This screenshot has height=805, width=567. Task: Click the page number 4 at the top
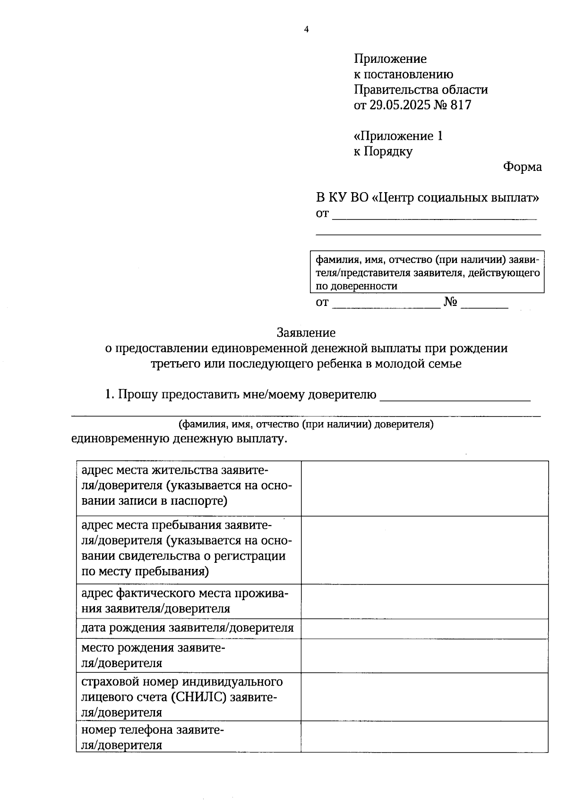point(306,30)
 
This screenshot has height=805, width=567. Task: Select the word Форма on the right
point(522,167)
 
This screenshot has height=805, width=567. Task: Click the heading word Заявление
point(306,333)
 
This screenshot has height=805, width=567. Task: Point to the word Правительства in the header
point(395,89)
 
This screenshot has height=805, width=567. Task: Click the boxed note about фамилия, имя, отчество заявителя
point(427,272)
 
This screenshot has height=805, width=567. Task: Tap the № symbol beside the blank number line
point(451,303)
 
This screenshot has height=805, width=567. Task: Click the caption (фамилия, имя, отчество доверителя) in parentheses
point(306,424)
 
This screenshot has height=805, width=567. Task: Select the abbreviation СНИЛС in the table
point(200,697)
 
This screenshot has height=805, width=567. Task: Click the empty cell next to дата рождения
point(424,628)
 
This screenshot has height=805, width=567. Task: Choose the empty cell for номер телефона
point(424,737)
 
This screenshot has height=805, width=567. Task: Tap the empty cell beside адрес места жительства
point(424,488)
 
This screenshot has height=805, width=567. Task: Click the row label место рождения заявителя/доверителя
point(153,655)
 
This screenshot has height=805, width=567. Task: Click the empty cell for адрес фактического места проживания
point(424,602)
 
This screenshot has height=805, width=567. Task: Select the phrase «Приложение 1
point(398,136)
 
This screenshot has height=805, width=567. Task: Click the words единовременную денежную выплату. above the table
point(180,439)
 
